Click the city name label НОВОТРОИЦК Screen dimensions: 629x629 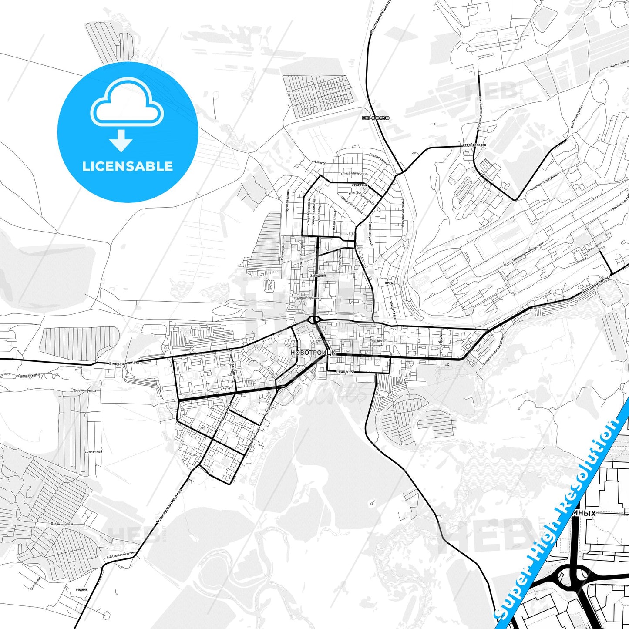(x=313, y=353)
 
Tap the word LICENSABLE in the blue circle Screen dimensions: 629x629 (x=128, y=166)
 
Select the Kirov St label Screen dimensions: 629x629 (x=320, y=162)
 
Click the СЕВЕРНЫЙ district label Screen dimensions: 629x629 (x=360, y=185)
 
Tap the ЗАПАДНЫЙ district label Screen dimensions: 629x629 (x=318, y=276)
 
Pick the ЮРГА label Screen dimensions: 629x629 (x=389, y=283)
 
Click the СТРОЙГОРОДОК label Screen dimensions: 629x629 (x=474, y=145)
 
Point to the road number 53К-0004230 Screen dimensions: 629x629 (x=376, y=118)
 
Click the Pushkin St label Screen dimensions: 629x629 (x=378, y=341)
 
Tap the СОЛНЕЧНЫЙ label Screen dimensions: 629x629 (x=94, y=452)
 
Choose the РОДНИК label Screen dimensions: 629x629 (x=81, y=589)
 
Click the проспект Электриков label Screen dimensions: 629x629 (x=544, y=181)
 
